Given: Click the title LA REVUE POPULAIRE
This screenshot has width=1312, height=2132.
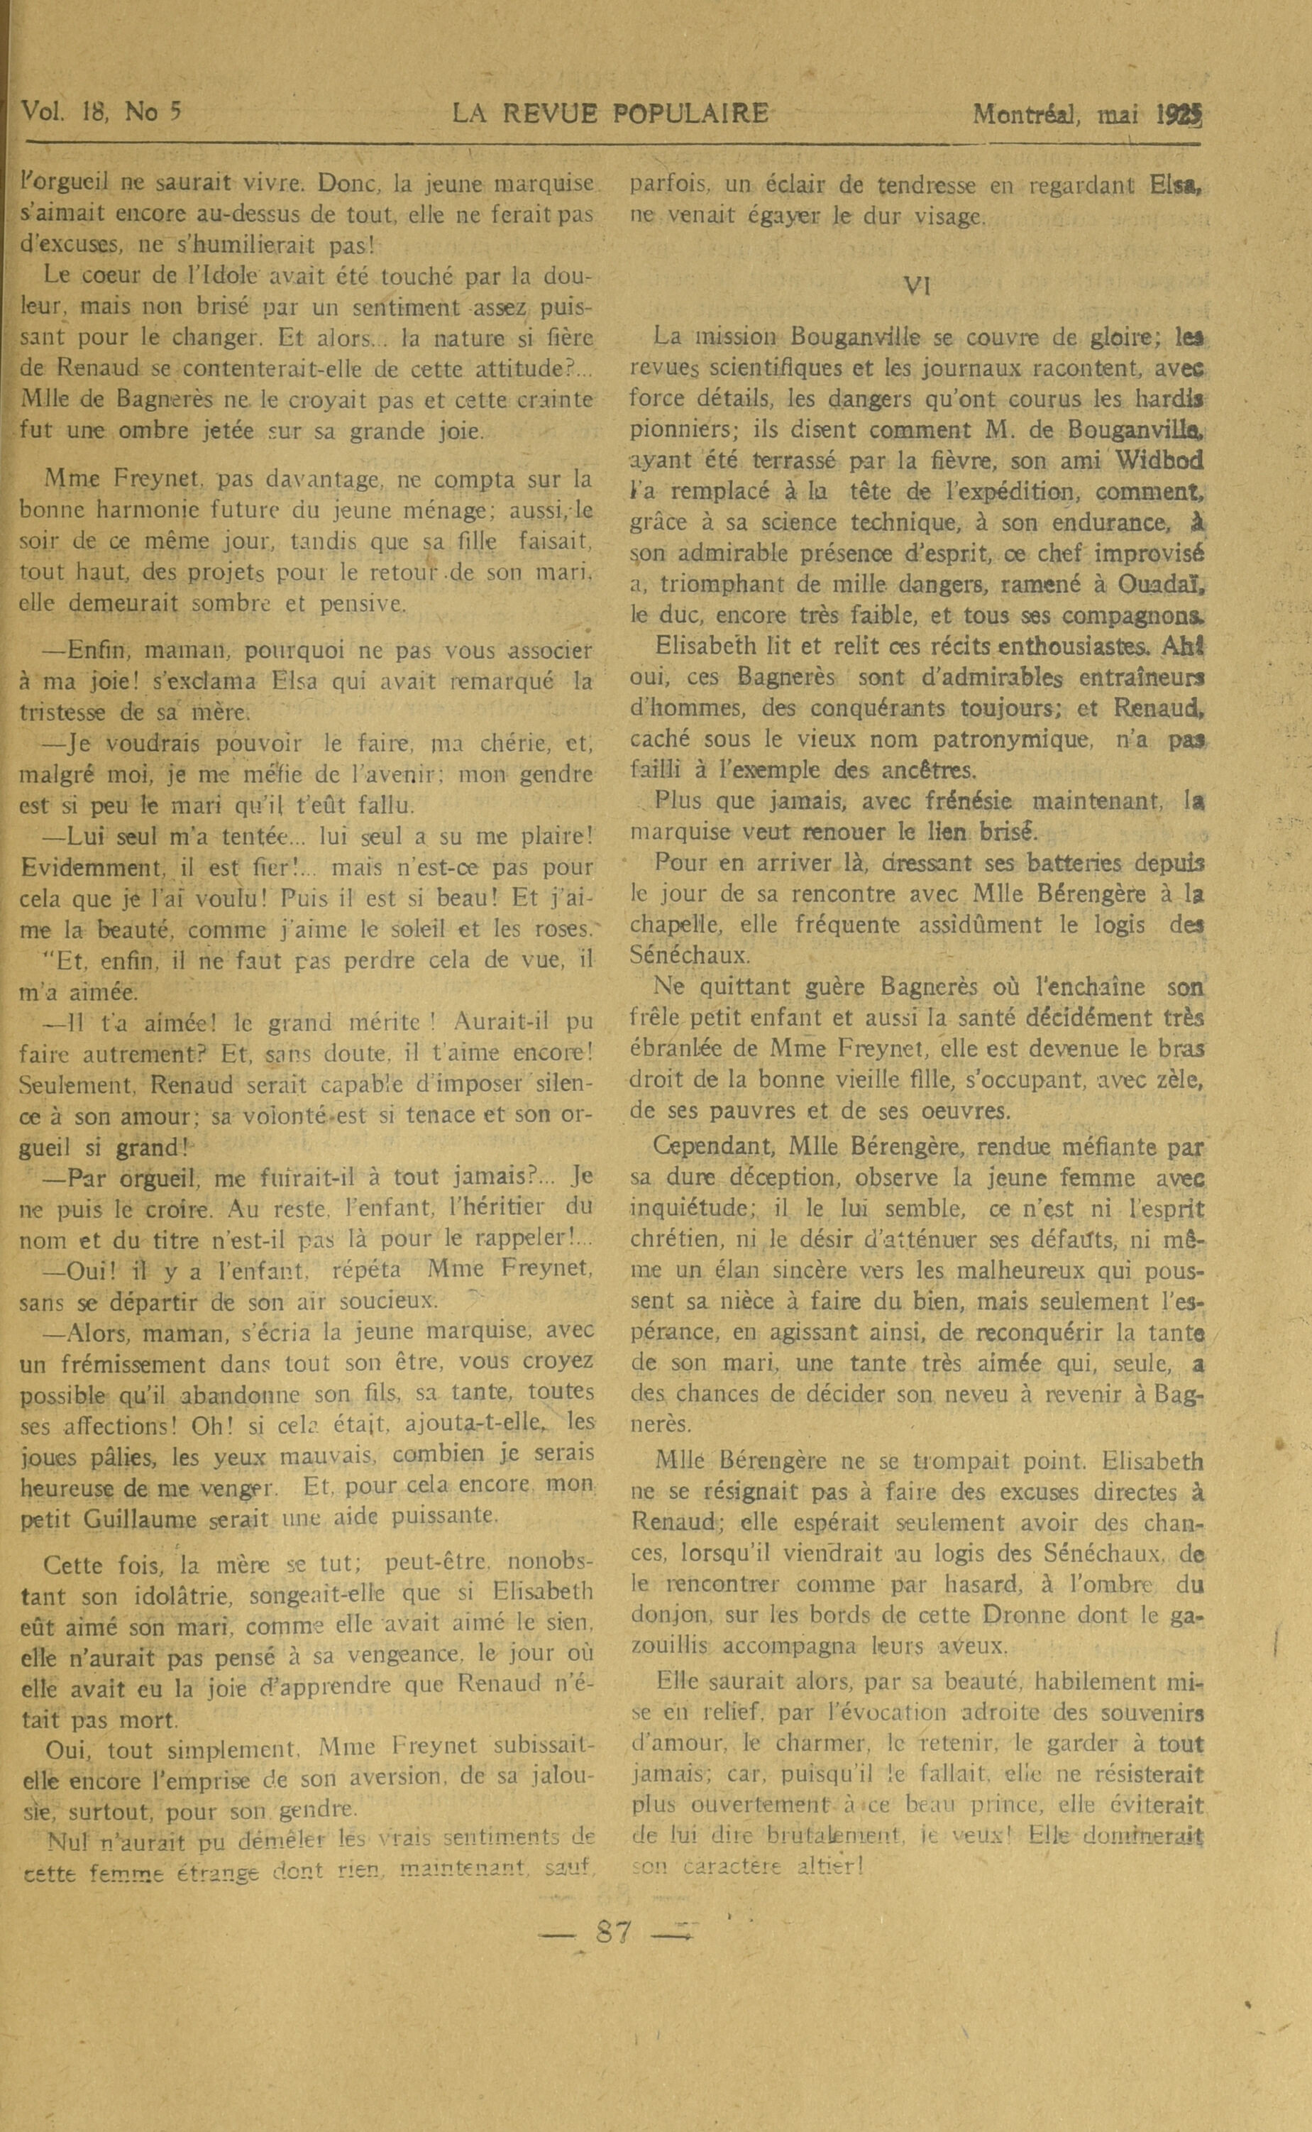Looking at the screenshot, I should [610, 114].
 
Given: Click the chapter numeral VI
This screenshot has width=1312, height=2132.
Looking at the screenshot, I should [917, 285].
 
